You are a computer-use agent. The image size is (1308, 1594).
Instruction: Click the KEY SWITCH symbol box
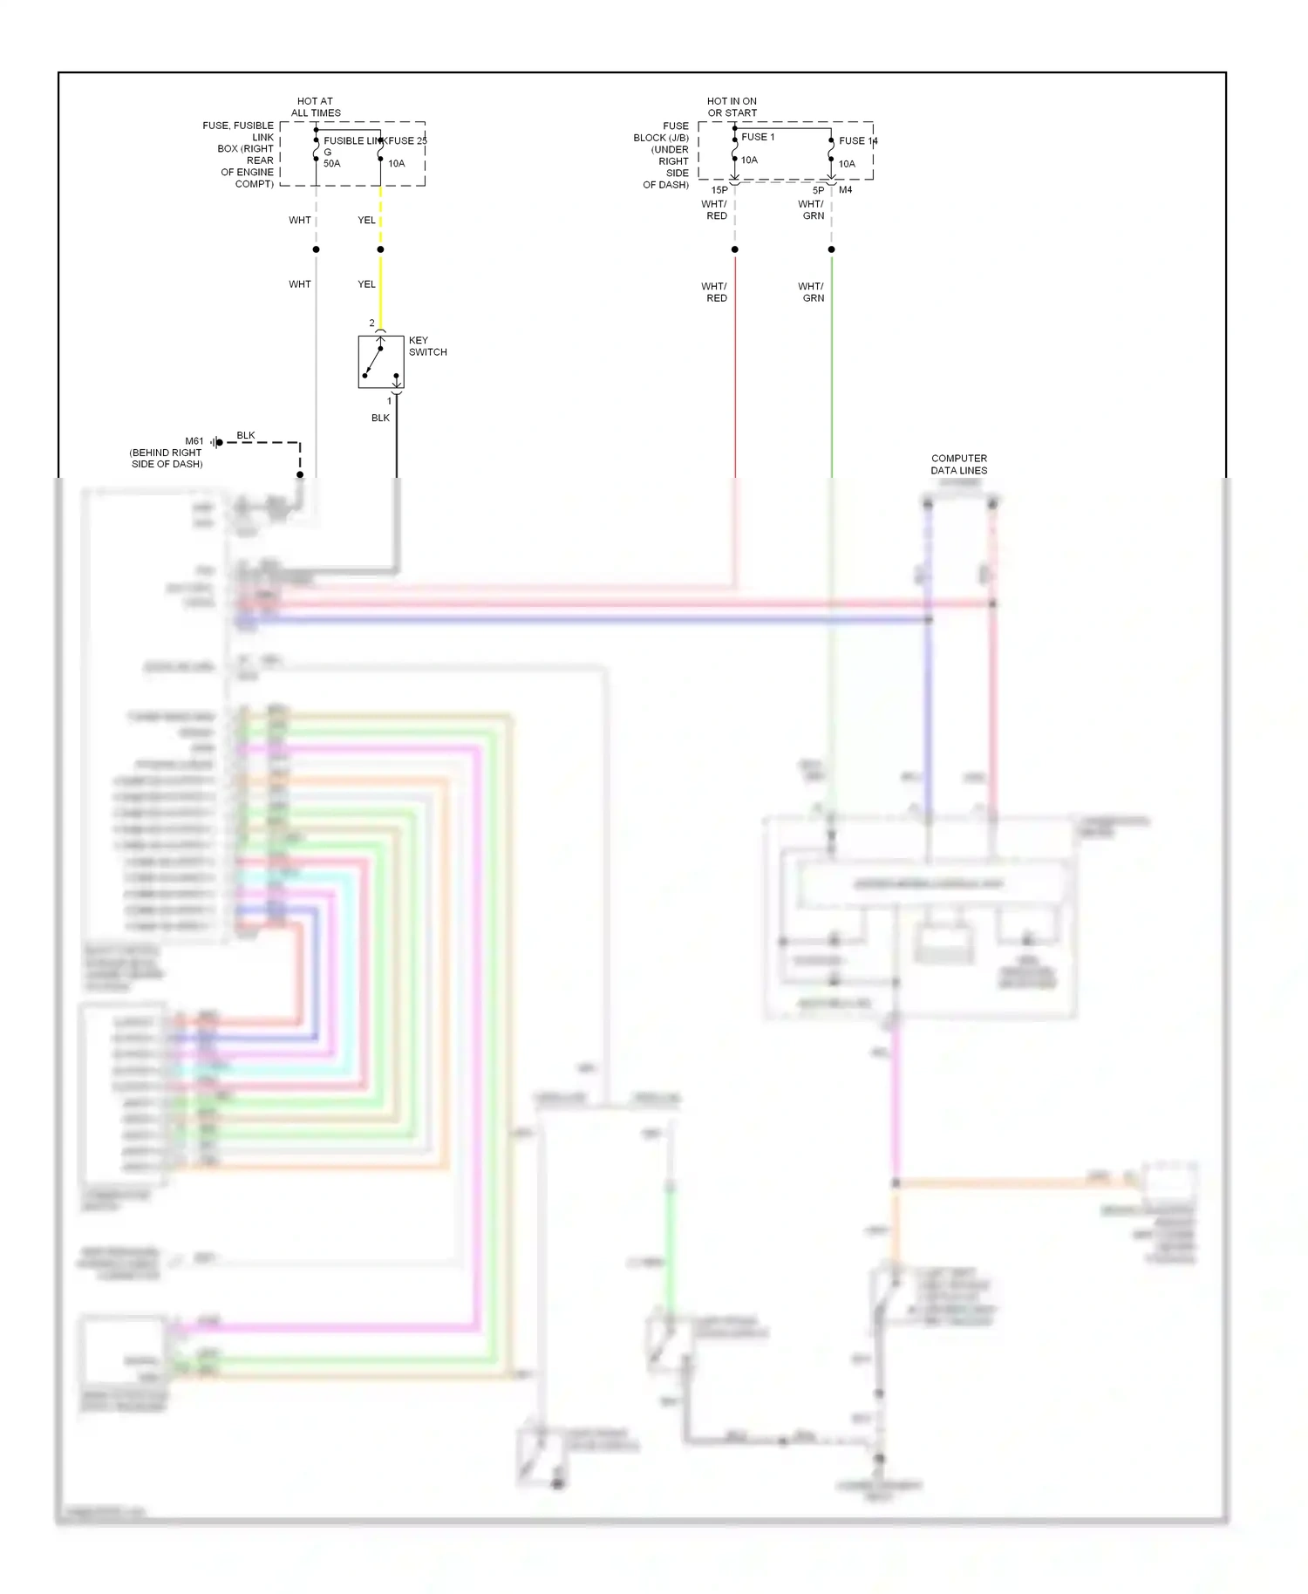(380, 362)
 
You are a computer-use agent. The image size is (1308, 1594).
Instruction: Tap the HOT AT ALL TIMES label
(315, 107)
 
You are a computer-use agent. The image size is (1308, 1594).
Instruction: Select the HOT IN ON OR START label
(732, 107)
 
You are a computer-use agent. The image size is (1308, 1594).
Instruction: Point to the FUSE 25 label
(407, 140)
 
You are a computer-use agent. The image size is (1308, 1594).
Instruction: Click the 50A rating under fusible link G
(331, 164)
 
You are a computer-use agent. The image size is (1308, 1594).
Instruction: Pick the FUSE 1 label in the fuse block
(758, 137)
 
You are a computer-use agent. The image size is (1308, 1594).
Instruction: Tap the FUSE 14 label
(857, 140)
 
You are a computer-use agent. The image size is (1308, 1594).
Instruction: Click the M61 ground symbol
(217, 443)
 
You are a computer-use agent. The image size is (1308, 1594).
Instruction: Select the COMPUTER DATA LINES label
(958, 464)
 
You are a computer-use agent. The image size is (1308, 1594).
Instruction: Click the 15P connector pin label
(719, 190)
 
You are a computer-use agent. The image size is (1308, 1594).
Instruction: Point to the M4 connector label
(845, 190)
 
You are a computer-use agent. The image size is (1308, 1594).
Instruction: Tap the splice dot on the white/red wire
(735, 249)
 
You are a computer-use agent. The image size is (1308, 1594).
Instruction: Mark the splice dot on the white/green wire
(832, 249)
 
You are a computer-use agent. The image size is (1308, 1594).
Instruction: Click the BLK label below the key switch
(380, 419)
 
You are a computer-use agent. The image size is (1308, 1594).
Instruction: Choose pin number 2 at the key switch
(371, 324)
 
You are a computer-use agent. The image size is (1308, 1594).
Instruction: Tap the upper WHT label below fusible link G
(299, 221)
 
